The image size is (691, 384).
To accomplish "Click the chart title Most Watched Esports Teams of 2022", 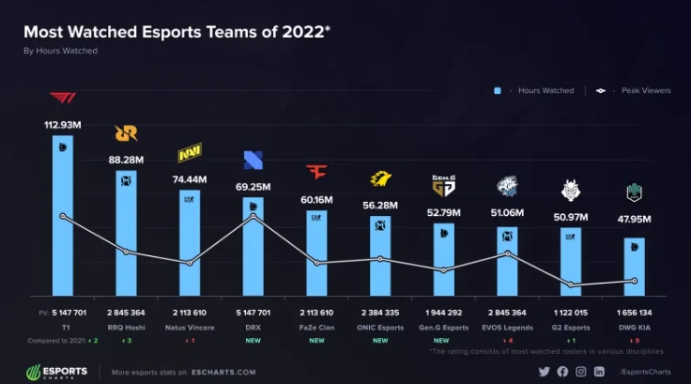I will click(176, 31).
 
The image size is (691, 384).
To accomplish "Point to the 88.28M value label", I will click(126, 161).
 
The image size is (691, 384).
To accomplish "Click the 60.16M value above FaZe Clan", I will click(316, 199).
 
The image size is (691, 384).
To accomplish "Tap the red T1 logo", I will click(63, 99).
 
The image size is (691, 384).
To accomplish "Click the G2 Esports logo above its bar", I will click(571, 191).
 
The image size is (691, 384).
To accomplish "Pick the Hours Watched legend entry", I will click(534, 91).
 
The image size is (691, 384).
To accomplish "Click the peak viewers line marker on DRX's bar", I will click(253, 217).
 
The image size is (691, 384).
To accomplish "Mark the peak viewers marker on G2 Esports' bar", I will click(571, 284).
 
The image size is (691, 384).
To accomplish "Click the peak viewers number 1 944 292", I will click(444, 311).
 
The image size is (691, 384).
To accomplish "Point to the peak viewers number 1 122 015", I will click(571, 311).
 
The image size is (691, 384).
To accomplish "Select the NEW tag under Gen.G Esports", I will click(444, 340).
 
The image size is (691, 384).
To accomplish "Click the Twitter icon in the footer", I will click(543, 372).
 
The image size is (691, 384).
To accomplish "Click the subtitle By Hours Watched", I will click(60, 51).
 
